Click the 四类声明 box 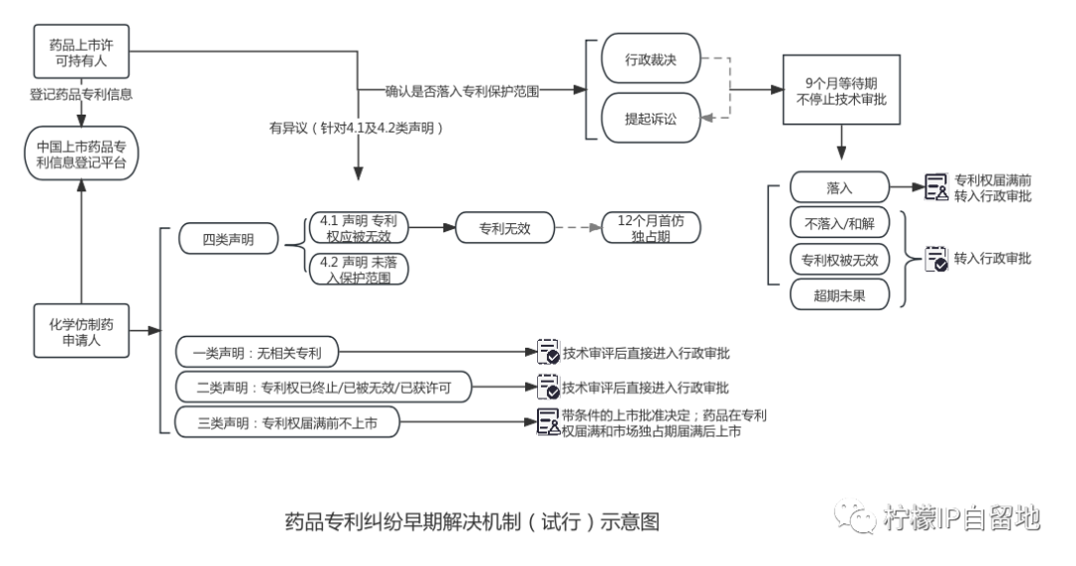(228, 239)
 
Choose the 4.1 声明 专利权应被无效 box (357, 228)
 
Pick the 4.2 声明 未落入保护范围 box (357, 269)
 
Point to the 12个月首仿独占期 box (651, 228)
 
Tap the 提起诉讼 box (651, 119)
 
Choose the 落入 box (839, 187)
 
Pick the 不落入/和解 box (839, 223)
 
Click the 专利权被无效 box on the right (839, 259)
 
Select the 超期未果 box (839, 295)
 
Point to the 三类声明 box (286, 423)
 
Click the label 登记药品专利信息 (81, 95)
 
